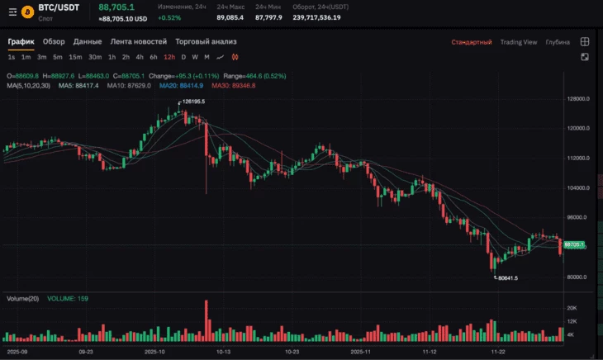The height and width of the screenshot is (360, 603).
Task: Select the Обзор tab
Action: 54,41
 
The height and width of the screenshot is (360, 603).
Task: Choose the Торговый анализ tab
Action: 206,41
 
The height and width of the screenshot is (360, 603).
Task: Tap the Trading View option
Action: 519,42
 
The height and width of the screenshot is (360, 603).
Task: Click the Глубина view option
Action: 558,42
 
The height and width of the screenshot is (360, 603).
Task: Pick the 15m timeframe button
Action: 75,57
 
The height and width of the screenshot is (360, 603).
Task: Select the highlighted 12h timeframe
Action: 169,57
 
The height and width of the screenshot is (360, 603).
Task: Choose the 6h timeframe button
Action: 153,57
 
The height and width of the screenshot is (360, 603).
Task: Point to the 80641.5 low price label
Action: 508,278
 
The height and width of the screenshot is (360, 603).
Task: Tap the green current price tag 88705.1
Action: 573,244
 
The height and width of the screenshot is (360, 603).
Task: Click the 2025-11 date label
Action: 361,351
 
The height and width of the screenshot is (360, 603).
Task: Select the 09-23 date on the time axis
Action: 85,351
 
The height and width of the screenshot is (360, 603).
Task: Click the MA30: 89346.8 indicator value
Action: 233,85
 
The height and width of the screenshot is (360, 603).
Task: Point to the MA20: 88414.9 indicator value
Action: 181,85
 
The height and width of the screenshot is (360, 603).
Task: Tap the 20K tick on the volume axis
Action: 571,307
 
